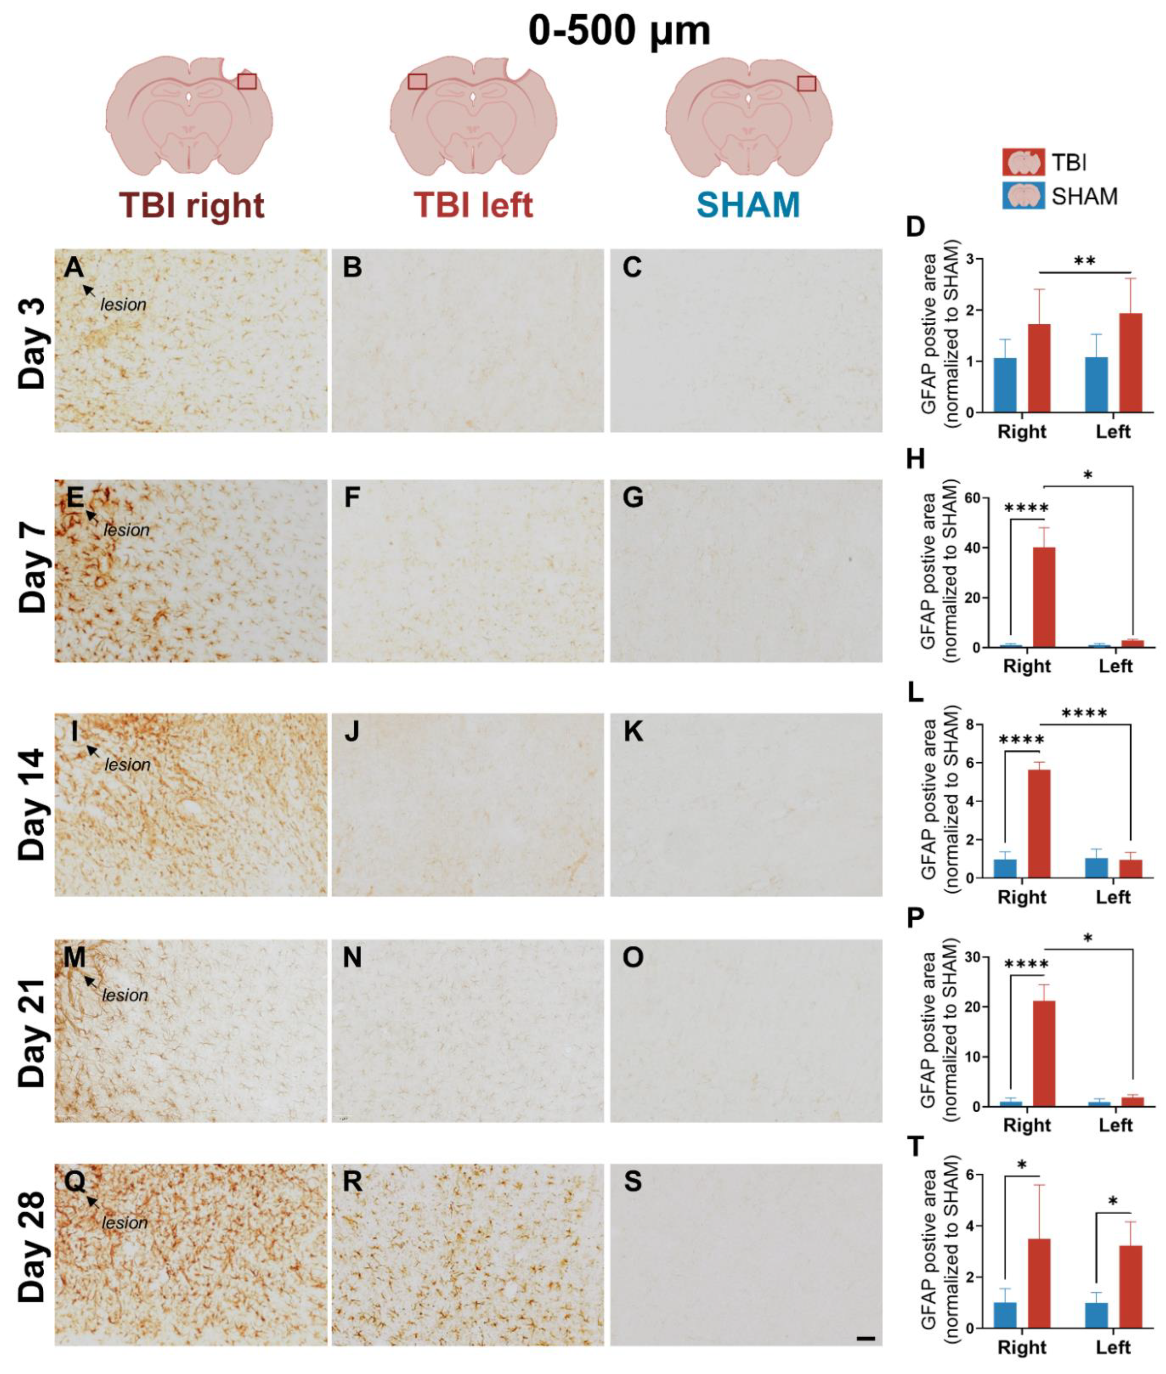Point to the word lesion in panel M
[125, 995]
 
